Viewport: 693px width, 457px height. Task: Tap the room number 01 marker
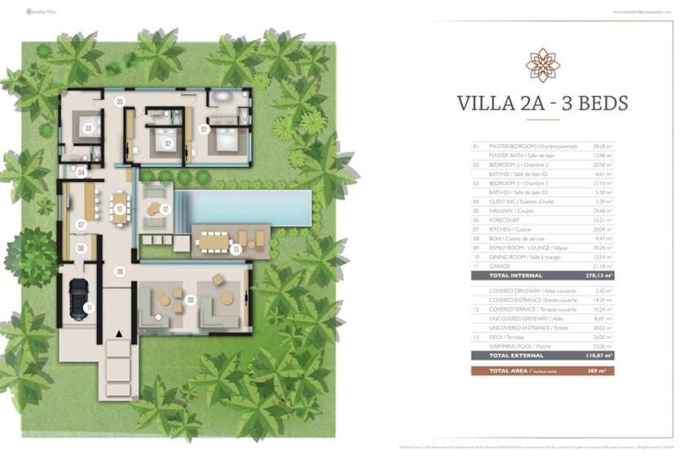click(205, 128)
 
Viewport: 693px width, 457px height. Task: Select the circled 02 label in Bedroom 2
click(167, 143)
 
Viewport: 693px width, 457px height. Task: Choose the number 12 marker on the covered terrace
click(166, 209)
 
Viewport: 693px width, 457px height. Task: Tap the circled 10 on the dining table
click(120, 209)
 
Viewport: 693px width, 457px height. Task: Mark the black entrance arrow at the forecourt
click(120, 334)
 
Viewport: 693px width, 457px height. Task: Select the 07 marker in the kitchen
click(82, 224)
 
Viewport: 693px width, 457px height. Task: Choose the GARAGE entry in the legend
click(500, 266)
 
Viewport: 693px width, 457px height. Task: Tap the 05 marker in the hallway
click(119, 102)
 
